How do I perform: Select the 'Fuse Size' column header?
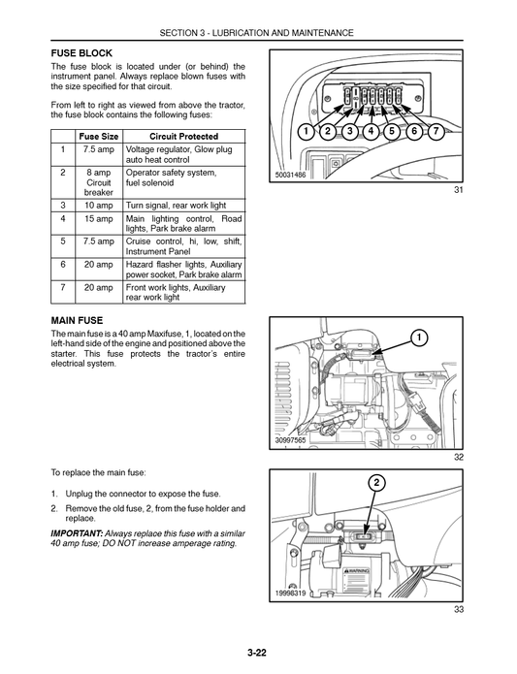(99, 137)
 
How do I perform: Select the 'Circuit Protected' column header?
(184, 137)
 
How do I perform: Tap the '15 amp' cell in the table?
(99, 220)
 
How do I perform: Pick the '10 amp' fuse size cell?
(99, 206)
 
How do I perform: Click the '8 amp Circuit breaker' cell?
(99, 181)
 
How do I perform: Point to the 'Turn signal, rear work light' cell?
(177, 206)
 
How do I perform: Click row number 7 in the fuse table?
(63, 288)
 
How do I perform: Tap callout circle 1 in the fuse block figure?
(306, 131)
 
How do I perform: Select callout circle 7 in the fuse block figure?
(436, 131)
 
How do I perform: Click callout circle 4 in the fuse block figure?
(372, 131)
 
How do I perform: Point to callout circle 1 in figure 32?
(418, 337)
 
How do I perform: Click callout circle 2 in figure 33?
(375, 482)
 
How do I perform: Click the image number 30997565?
(292, 440)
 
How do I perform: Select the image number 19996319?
(291, 594)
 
